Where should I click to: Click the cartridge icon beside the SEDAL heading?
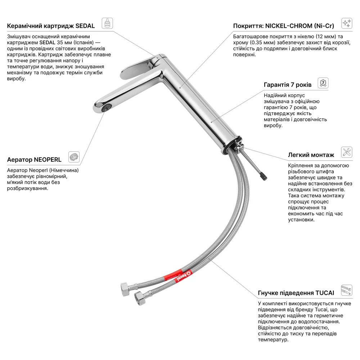(107, 23)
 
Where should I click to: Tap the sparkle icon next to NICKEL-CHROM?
(347, 23)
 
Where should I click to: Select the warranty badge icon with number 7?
(323, 83)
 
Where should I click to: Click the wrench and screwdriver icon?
(347, 152)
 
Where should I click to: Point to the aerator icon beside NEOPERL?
(74, 157)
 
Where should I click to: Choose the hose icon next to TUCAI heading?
(346, 290)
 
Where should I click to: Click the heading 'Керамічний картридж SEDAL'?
(51, 26)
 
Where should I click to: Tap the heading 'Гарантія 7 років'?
(287, 85)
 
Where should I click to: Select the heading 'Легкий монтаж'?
(311, 155)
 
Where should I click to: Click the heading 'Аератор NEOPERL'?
(34, 159)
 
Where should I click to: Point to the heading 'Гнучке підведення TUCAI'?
(296, 293)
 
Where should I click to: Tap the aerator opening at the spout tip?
(107, 108)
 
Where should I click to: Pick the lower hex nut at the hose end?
(140, 298)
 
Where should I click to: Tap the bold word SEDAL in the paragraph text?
(47, 42)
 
